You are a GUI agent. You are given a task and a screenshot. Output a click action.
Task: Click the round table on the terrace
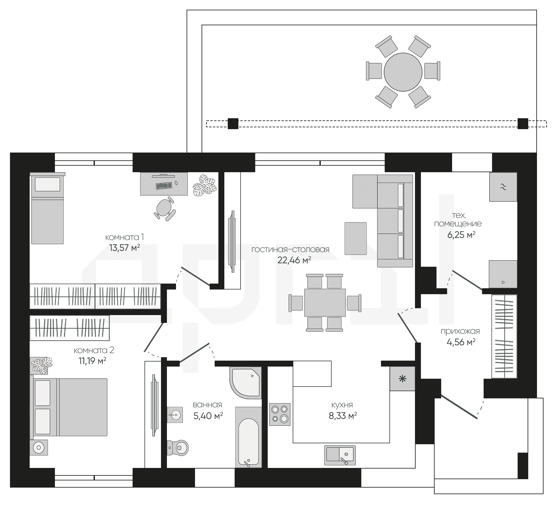click(x=403, y=72)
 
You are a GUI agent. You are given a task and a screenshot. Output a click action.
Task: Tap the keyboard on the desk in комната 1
click(x=164, y=186)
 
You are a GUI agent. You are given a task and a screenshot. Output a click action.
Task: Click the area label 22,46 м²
click(x=294, y=260)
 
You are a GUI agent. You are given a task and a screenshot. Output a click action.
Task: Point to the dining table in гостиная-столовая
click(x=325, y=303)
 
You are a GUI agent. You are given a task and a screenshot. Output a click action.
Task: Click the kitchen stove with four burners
click(x=280, y=414)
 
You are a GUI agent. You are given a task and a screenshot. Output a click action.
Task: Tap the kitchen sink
click(x=340, y=455)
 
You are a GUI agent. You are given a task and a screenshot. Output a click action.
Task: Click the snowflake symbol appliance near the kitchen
click(x=402, y=379)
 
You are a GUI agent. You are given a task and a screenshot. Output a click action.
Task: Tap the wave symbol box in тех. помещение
click(x=503, y=187)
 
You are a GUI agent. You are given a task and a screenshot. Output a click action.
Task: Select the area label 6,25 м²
click(x=461, y=235)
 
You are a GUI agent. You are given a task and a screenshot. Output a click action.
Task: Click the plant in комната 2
click(x=41, y=365)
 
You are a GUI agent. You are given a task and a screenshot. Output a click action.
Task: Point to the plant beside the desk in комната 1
click(x=204, y=185)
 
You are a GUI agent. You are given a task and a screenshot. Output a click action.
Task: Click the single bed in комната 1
click(x=48, y=208)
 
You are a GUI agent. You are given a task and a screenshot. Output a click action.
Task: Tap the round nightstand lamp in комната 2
click(x=39, y=448)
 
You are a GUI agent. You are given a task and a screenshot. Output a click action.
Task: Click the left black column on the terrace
click(x=233, y=124)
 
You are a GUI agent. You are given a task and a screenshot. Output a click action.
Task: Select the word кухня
click(x=342, y=405)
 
